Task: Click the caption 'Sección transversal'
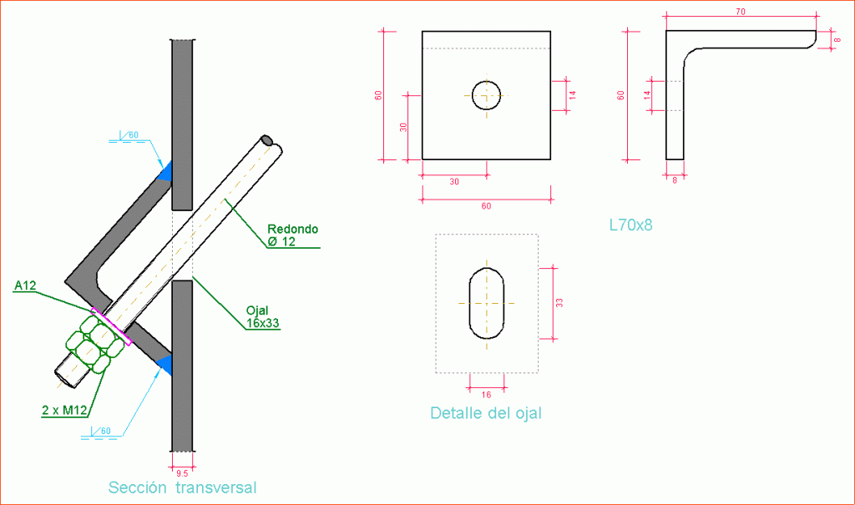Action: pos(182,487)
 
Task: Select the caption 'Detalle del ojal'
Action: pos(485,412)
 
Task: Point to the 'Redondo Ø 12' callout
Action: pos(292,235)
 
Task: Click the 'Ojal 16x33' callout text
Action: pos(262,317)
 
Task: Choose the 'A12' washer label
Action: pos(26,286)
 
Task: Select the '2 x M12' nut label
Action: pos(65,411)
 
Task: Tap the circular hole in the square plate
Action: pos(486,94)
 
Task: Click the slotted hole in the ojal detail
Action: pos(486,303)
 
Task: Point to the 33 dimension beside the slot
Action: pos(559,303)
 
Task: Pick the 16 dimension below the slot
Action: pos(487,395)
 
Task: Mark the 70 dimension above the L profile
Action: pos(740,12)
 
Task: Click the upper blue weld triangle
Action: pos(165,172)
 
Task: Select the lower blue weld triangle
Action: pos(165,364)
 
